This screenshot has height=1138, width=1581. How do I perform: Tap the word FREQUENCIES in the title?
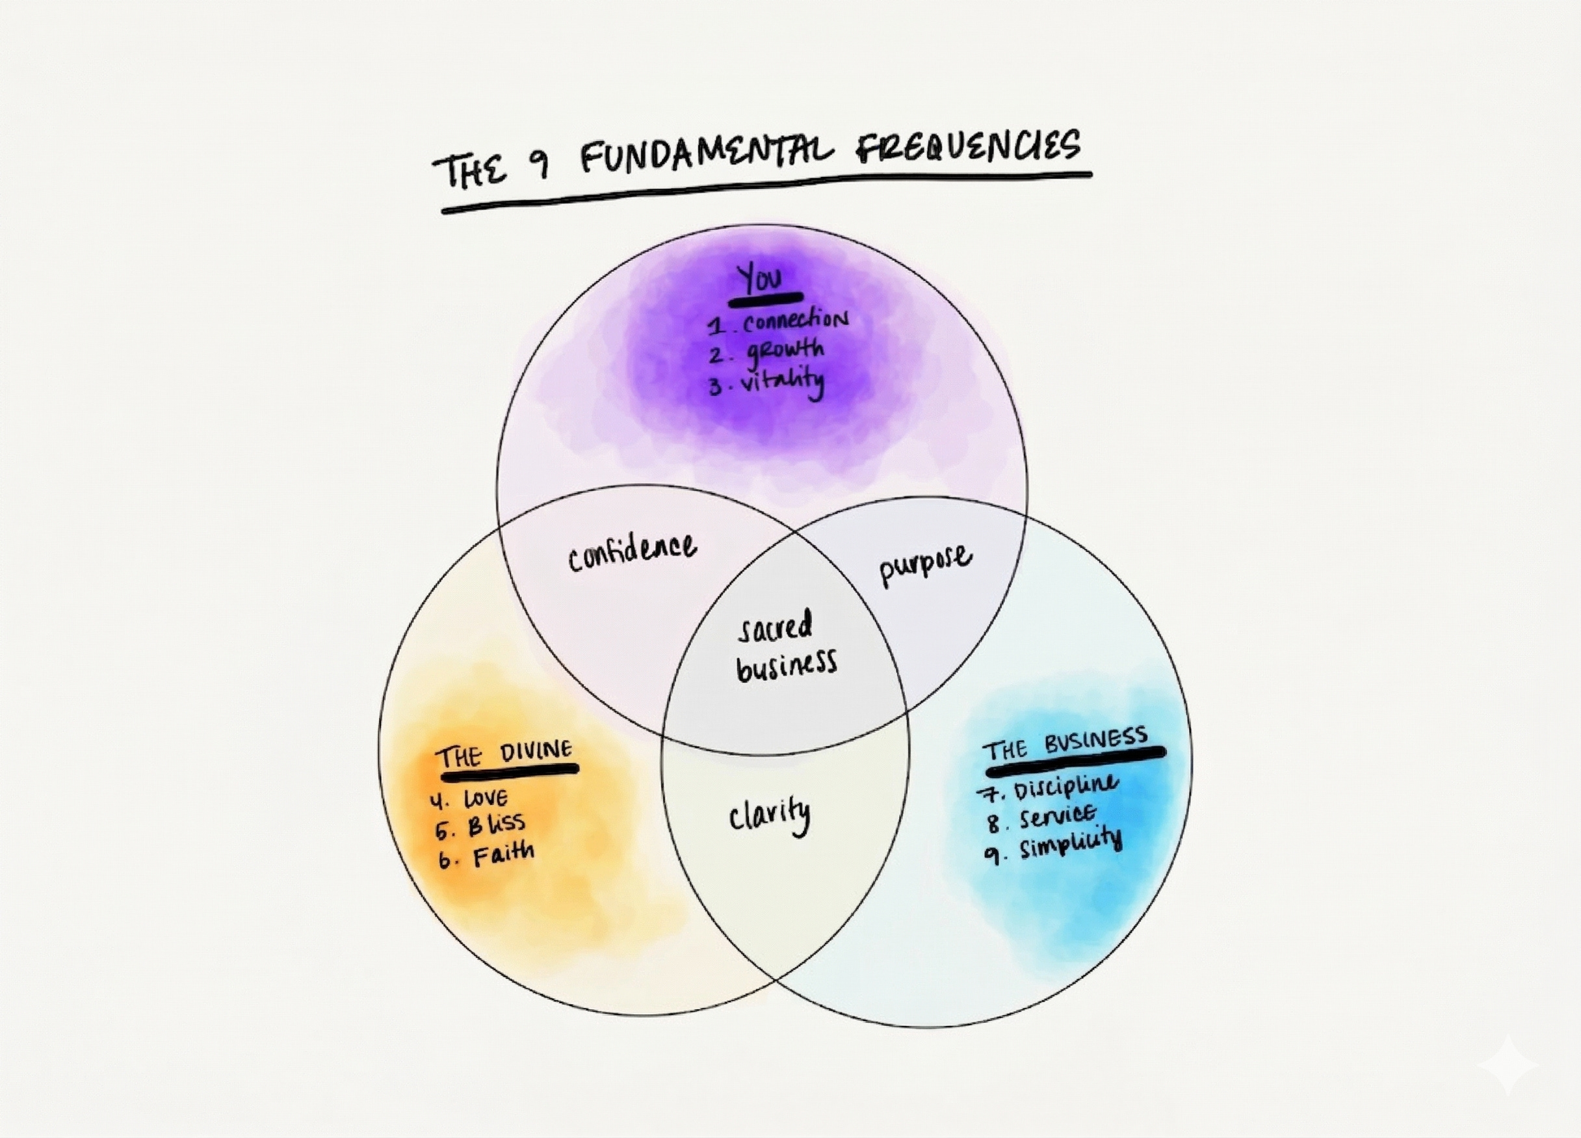click(x=967, y=148)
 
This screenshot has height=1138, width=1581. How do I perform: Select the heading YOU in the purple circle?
click(x=761, y=280)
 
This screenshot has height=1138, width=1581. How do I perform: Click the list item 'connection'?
click(x=794, y=321)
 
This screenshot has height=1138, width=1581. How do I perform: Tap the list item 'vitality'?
click(x=781, y=382)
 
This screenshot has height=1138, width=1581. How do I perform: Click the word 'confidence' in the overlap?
click(x=632, y=553)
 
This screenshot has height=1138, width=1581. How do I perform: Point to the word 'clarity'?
click(x=770, y=815)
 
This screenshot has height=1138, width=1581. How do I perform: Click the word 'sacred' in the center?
click(x=775, y=626)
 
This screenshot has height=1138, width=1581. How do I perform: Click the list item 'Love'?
click(x=486, y=798)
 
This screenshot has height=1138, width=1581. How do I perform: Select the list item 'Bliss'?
click(x=495, y=825)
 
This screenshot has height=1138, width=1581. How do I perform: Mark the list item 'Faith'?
click(x=503, y=854)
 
